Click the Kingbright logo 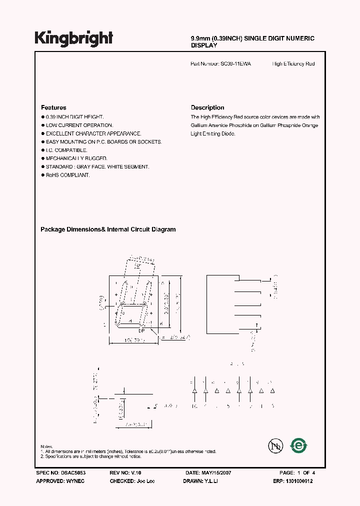[74, 38]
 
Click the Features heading [53, 107]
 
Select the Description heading [207, 107]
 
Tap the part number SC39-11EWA [236, 64]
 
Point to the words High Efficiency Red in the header [293, 64]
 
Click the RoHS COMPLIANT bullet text [67, 175]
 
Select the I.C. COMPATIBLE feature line [66, 150]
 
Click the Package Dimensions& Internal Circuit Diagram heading [108, 229]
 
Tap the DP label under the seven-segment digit [141, 330]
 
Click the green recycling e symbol [299, 445]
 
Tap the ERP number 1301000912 [302, 480]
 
